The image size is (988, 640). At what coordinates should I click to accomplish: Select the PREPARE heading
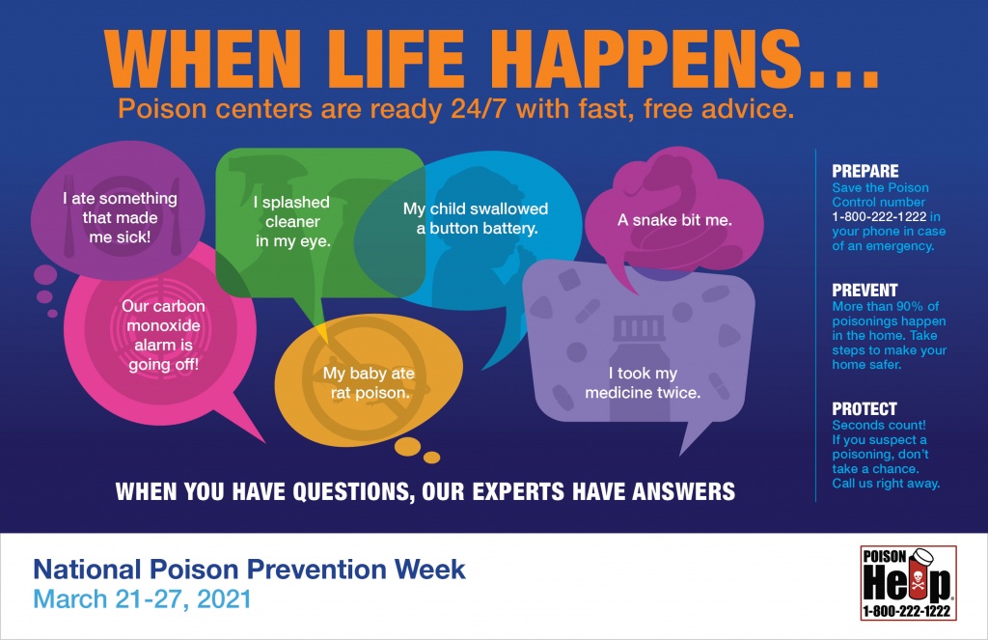click(x=865, y=171)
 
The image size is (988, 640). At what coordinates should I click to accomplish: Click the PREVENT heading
click(x=864, y=290)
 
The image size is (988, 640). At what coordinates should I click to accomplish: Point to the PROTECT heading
click(x=864, y=408)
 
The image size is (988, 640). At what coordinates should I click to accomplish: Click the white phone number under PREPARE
click(x=879, y=217)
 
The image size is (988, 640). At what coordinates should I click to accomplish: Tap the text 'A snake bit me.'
click(x=674, y=220)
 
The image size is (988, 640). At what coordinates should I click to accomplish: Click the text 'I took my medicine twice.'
click(x=643, y=382)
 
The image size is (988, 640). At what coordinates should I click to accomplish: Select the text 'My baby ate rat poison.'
click(x=369, y=382)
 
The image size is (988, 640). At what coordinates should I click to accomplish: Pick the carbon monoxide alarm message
click(x=164, y=336)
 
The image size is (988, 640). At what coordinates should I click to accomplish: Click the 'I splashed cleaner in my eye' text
click(x=292, y=221)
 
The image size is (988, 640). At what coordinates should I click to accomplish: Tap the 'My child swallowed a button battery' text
click(x=476, y=218)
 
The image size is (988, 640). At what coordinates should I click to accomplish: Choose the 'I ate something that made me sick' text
click(x=120, y=217)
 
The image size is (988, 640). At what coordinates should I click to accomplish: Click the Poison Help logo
click(x=908, y=583)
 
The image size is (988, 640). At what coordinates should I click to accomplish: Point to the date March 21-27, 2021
click(x=143, y=599)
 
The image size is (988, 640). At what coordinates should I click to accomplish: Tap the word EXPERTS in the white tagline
click(x=518, y=491)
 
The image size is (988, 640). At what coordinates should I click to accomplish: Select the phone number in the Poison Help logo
click(x=907, y=610)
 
